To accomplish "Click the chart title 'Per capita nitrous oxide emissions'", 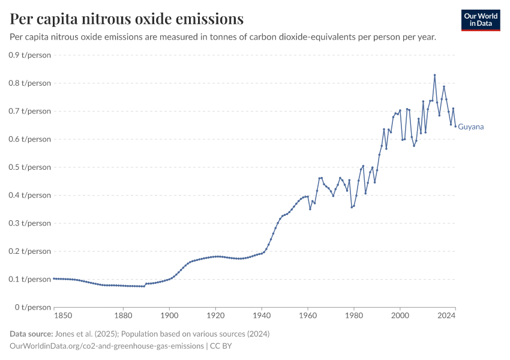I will (x=127, y=19).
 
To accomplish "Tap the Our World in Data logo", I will (x=481, y=20).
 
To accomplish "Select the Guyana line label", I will (x=470, y=127).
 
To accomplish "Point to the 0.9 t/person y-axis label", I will (x=30, y=55).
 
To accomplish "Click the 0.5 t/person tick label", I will (x=30, y=167).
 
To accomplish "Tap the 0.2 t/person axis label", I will (x=30, y=251).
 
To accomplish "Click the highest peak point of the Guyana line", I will (x=434, y=75).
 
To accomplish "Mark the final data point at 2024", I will (x=455, y=126).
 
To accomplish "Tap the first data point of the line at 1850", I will (x=53, y=278).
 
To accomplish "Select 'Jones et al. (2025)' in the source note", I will (x=91, y=334).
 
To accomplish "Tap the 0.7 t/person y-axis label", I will (x=30, y=111).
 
